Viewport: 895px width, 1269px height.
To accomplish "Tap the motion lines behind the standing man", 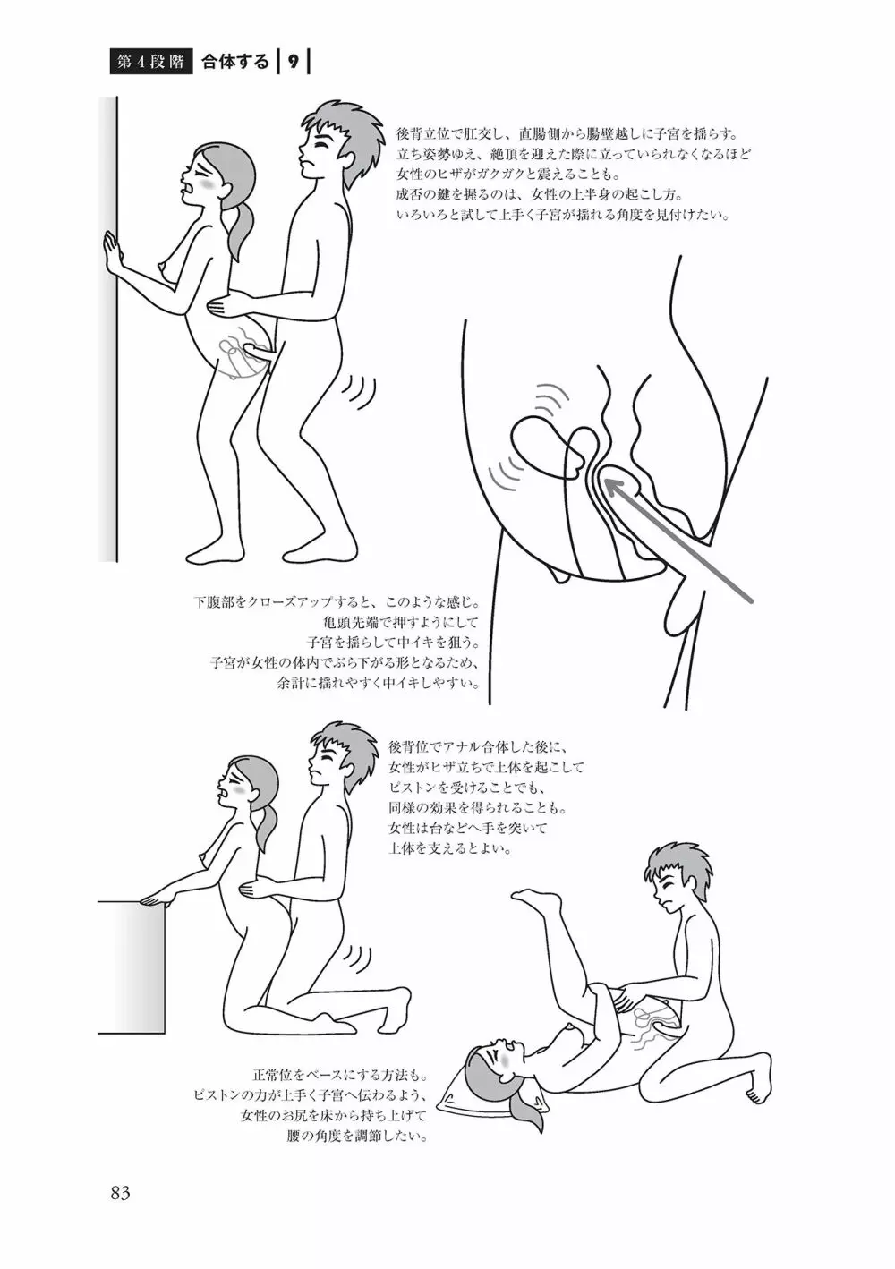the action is point(361,395).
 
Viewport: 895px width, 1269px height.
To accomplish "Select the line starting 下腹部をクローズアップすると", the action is point(337,600).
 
